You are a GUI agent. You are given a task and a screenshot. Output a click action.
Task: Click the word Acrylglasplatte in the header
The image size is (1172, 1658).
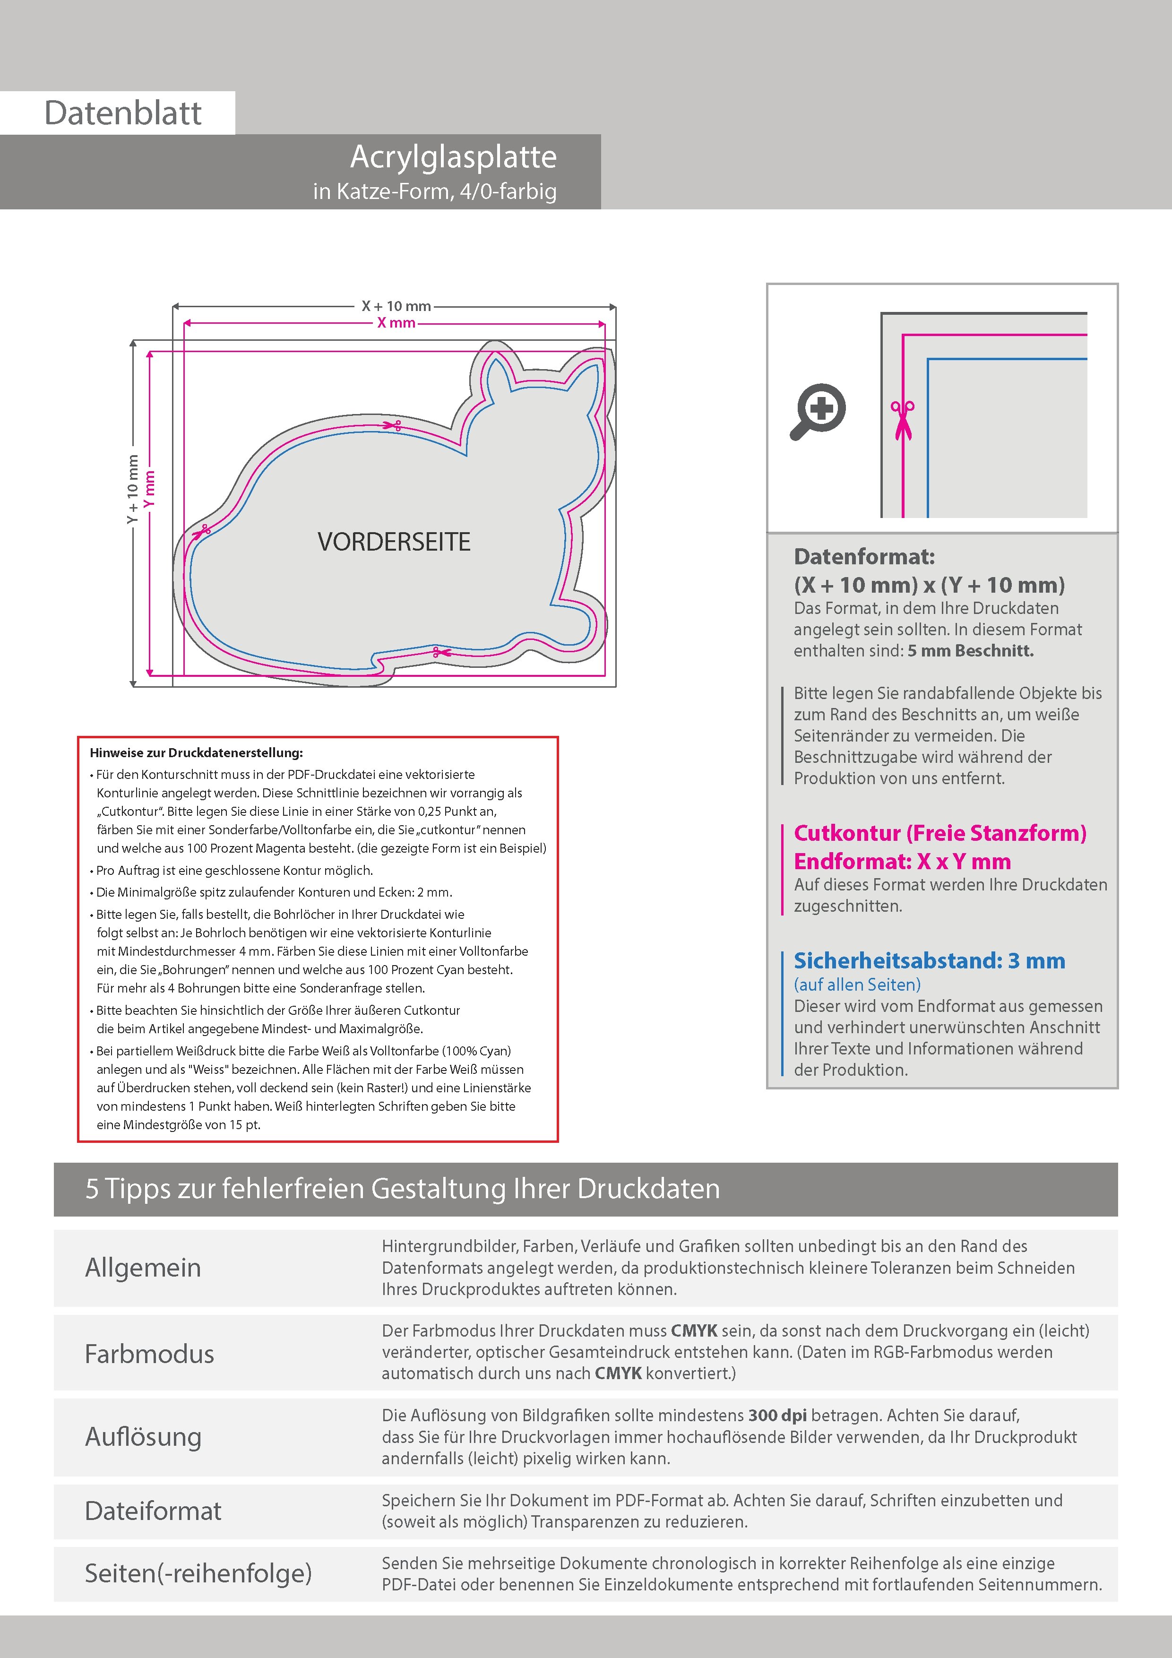(x=454, y=157)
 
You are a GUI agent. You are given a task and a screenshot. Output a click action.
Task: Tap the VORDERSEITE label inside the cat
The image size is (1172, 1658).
(x=394, y=542)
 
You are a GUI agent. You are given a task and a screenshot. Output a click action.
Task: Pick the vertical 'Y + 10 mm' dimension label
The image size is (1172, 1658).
(x=132, y=490)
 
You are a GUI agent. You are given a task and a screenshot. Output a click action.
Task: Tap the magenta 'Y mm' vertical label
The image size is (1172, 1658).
(x=149, y=490)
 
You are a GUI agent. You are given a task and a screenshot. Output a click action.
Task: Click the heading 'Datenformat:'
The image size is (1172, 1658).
(x=864, y=557)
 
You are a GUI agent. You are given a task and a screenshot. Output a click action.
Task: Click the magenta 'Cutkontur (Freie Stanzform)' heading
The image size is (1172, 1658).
(x=939, y=833)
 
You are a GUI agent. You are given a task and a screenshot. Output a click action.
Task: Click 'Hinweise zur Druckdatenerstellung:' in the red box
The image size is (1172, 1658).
(x=197, y=752)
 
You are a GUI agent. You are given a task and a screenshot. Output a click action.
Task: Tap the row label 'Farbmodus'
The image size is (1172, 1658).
(x=149, y=1354)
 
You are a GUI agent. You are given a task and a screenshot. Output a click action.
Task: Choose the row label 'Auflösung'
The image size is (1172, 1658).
(x=143, y=1437)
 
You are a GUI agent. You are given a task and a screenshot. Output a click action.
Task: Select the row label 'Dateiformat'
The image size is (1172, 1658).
(x=153, y=1511)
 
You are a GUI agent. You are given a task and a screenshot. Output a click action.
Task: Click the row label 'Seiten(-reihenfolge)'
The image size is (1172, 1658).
(x=198, y=1573)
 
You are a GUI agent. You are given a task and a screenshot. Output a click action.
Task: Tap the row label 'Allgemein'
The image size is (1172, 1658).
(x=143, y=1268)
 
